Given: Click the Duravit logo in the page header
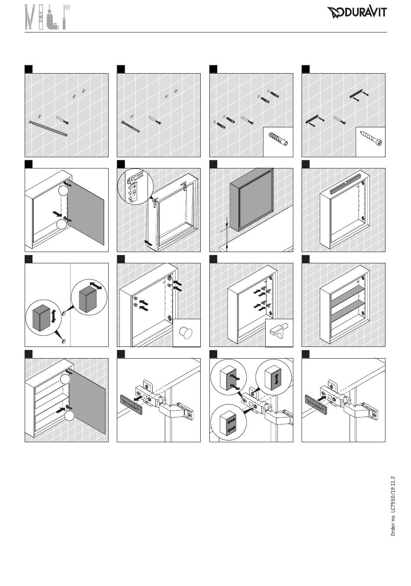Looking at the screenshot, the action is pyautogui.click(x=357, y=13).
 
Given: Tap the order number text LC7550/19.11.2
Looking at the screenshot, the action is pyautogui.click(x=393, y=506).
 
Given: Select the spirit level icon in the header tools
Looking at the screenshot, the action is pyautogui.click(x=41, y=17).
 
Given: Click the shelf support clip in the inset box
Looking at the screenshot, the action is pyautogui.click(x=279, y=333).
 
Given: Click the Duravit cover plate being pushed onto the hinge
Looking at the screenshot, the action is pyautogui.click(x=316, y=405).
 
